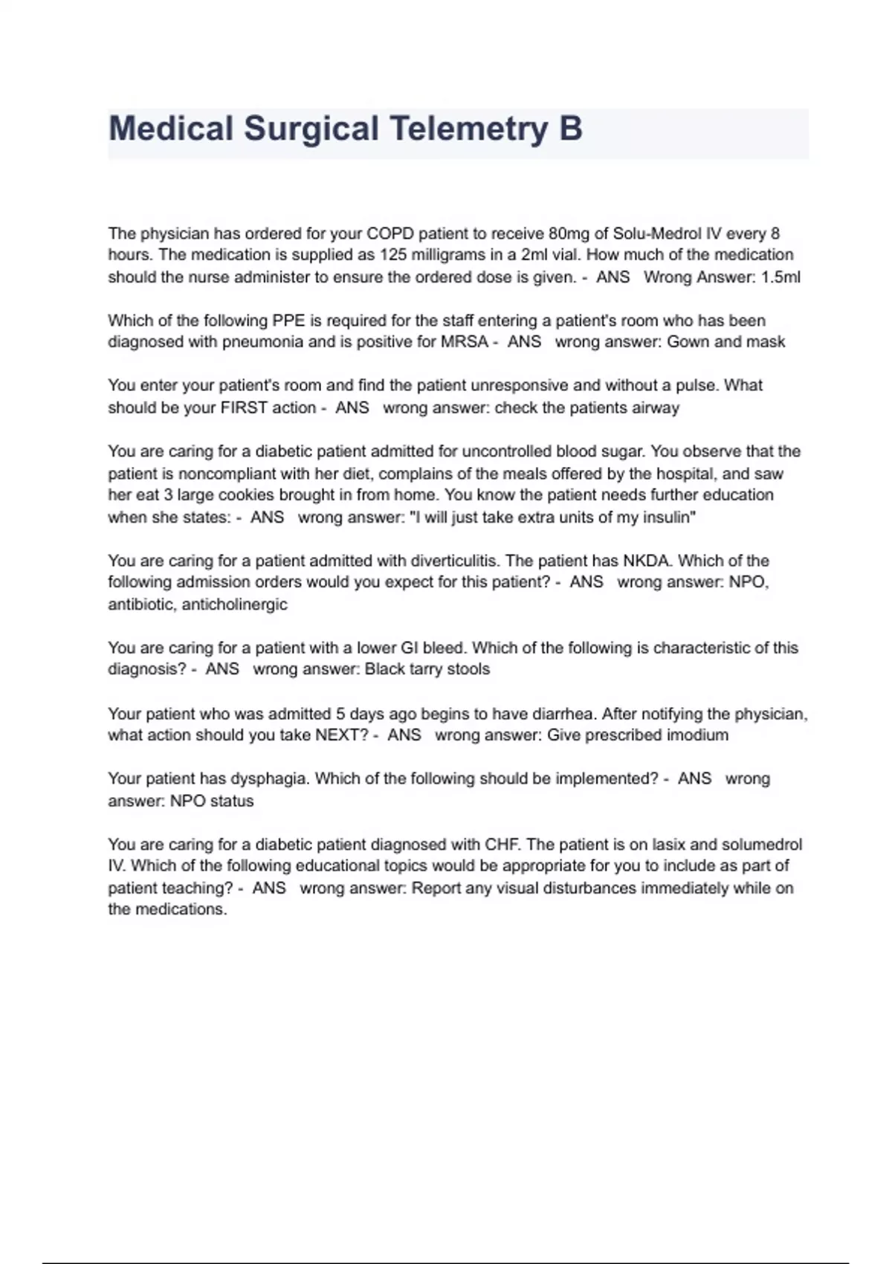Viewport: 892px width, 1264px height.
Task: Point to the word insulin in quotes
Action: [667, 517]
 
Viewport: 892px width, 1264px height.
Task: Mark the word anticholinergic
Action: [234, 604]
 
